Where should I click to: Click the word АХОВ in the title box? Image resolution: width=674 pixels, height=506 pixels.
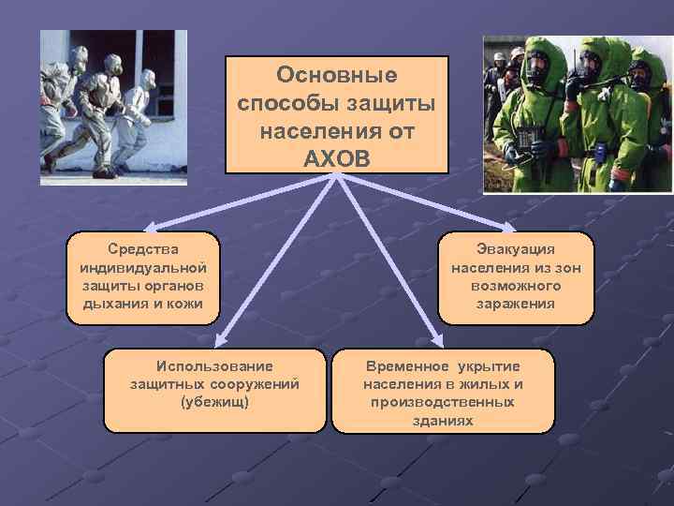coord(337,155)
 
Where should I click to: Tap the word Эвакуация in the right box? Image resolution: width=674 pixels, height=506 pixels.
coord(516,250)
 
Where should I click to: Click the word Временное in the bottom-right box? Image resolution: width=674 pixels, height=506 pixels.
coord(403,365)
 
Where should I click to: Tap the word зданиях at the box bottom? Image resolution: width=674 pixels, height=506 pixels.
coord(443,420)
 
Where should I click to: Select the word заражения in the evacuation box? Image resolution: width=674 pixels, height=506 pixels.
coord(516,304)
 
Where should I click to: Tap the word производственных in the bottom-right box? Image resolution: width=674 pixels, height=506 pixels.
coord(443,401)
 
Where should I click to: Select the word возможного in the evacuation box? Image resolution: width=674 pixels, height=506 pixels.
coord(516,286)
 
